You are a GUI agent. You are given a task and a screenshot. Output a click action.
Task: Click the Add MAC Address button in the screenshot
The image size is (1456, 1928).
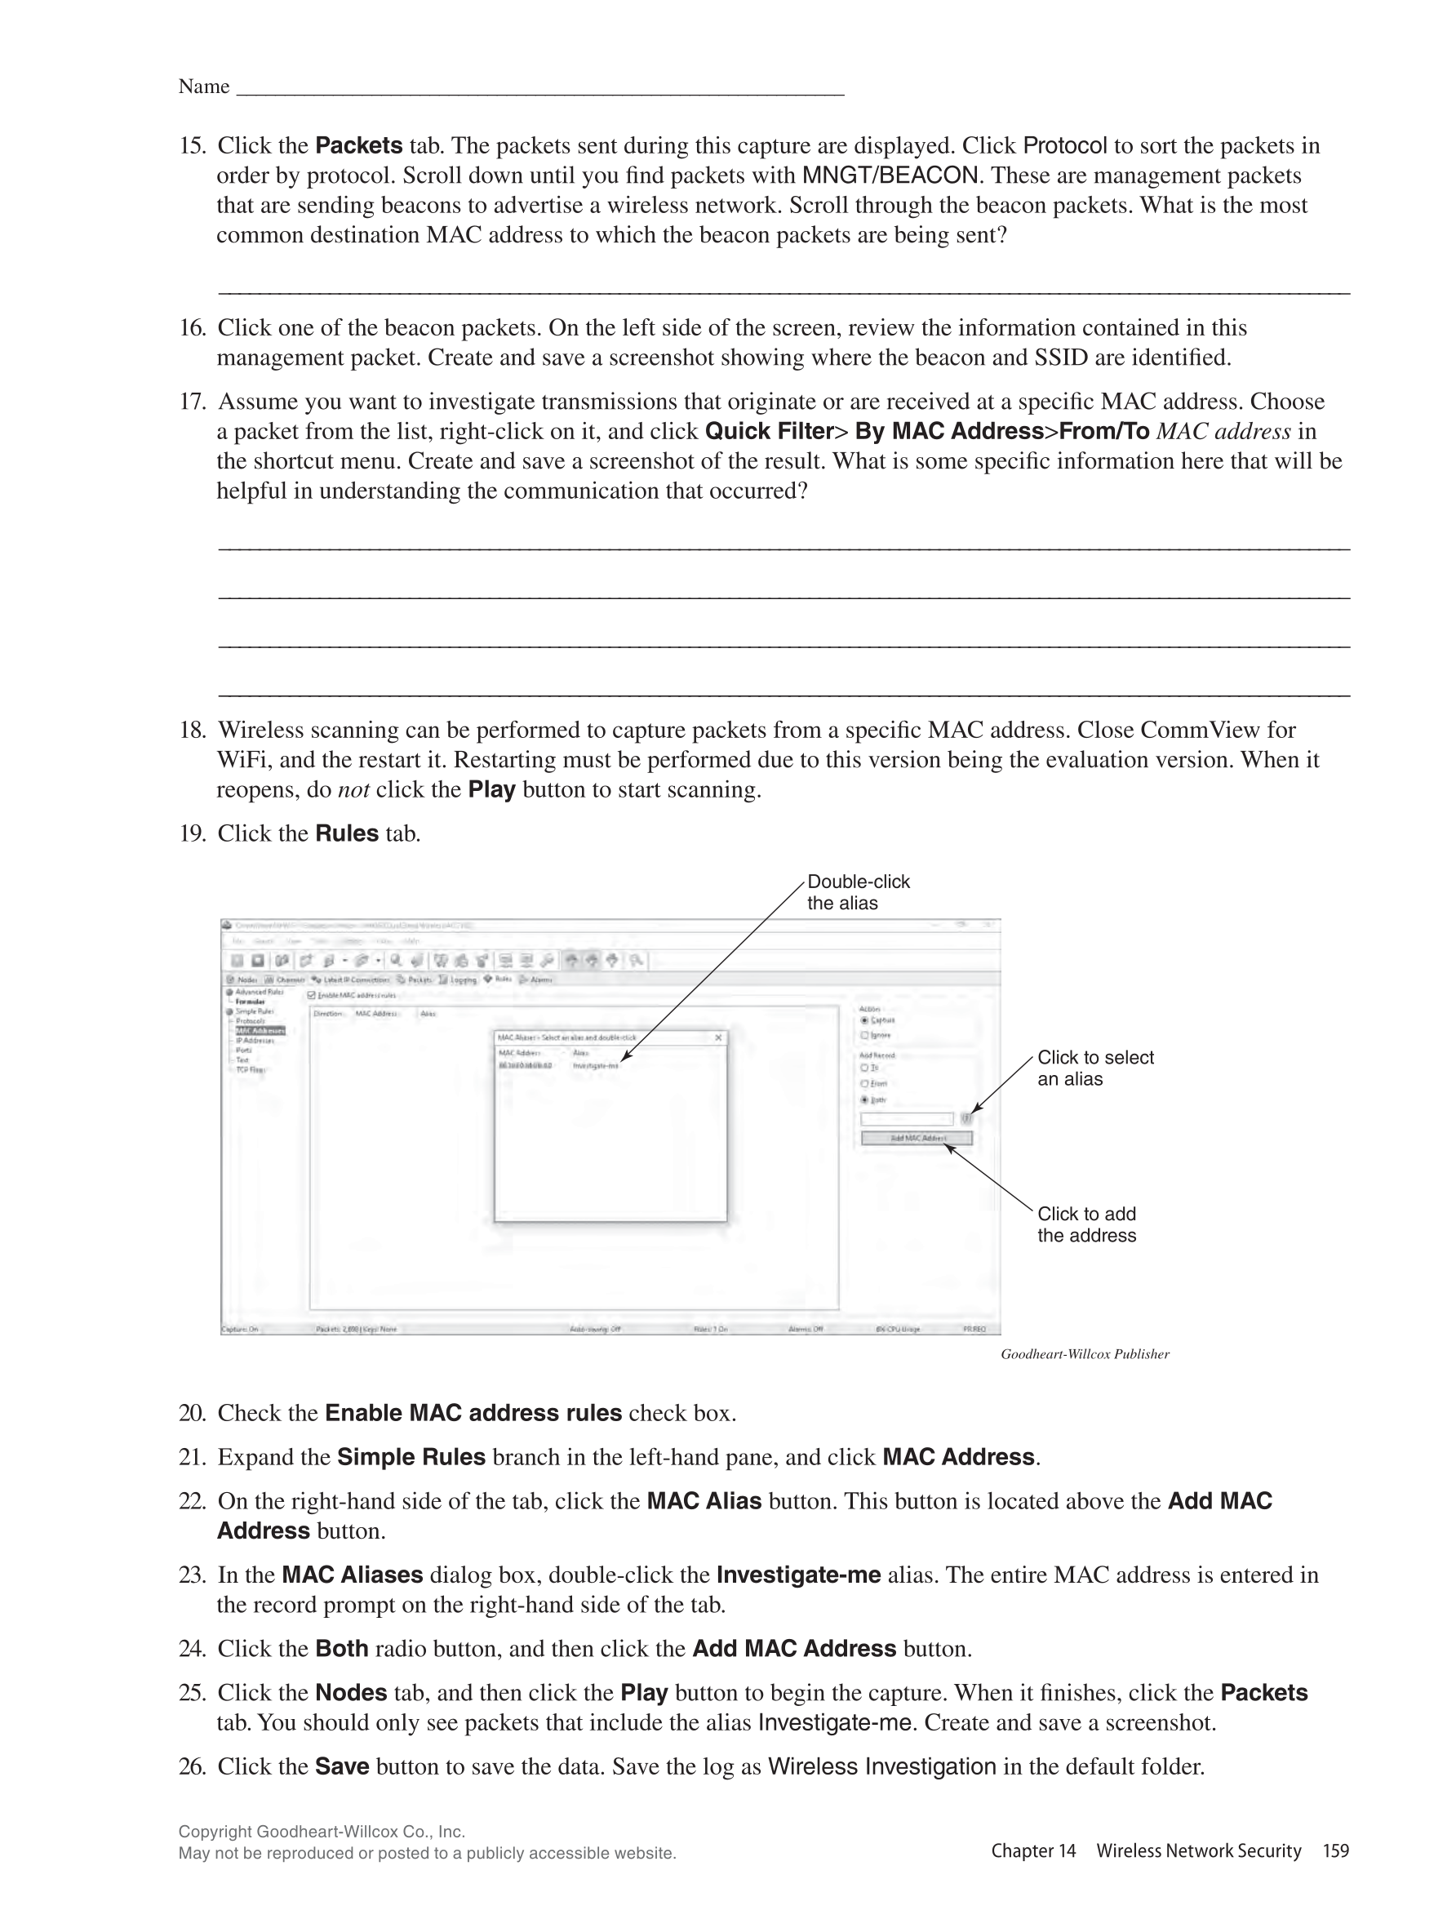pyautogui.click(x=916, y=1137)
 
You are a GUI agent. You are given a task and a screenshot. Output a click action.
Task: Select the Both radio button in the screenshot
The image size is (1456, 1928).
pyautogui.click(x=864, y=1100)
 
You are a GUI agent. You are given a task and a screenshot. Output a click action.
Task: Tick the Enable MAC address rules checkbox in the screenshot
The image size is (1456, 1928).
pyautogui.click(x=312, y=994)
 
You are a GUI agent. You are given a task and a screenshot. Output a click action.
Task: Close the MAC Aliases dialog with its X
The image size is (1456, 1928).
pyautogui.click(x=718, y=1037)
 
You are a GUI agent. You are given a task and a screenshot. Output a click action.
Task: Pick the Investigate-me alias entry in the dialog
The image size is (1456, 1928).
pyautogui.click(x=595, y=1065)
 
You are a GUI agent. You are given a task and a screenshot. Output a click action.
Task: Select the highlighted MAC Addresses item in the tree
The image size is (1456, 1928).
pyautogui.click(x=260, y=1030)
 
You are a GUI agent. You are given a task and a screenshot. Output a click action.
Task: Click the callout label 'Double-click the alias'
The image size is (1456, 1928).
pyautogui.click(x=858, y=891)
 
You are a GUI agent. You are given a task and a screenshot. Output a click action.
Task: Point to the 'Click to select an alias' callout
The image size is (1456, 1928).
pyautogui.click(x=1094, y=1068)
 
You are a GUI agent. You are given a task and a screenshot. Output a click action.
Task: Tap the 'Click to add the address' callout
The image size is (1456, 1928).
pyautogui.click(x=1086, y=1224)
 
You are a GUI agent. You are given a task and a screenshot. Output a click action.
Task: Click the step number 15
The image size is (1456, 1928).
pyautogui.click(x=191, y=145)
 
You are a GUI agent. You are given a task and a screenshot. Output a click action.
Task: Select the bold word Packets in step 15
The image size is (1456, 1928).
pyautogui.click(x=358, y=145)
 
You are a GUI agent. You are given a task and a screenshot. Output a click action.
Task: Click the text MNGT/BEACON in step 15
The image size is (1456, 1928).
pyautogui.click(x=889, y=175)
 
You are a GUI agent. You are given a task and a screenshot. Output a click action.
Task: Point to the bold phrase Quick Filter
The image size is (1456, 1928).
pyautogui.click(x=770, y=432)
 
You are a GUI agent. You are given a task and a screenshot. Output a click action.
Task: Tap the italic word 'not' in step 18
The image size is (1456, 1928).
pyautogui.click(x=353, y=789)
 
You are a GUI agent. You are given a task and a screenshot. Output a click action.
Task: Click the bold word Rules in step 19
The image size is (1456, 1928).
pyautogui.click(x=347, y=833)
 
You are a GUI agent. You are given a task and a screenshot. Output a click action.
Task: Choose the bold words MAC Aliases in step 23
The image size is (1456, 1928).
pyautogui.click(x=352, y=1575)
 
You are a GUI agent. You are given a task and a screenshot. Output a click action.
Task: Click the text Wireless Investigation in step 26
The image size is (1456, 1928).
pyautogui.click(x=881, y=1766)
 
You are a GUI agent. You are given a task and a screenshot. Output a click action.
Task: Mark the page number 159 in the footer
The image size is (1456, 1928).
pyautogui.click(x=1335, y=1850)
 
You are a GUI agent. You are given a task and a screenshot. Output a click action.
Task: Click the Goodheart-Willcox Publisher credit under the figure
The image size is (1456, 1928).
pyautogui.click(x=1084, y=1353)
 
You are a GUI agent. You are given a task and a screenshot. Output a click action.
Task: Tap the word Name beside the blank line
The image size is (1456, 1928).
pyautogui.click(x=204, y=87)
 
